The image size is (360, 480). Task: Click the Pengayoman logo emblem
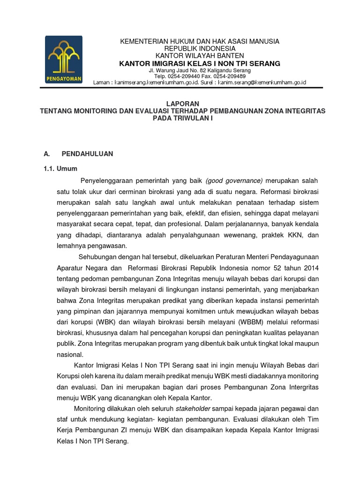tap(64, 60)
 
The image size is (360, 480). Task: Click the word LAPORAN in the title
tap(183, 103)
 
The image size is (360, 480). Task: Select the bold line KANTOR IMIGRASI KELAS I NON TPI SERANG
tap(200, 63)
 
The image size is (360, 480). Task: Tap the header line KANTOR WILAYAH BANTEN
tap(200, 56)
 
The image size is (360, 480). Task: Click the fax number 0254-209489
tap(229, 76)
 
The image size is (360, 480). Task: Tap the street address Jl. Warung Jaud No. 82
tap(177, 70)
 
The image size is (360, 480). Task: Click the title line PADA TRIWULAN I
tap(183, 118)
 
